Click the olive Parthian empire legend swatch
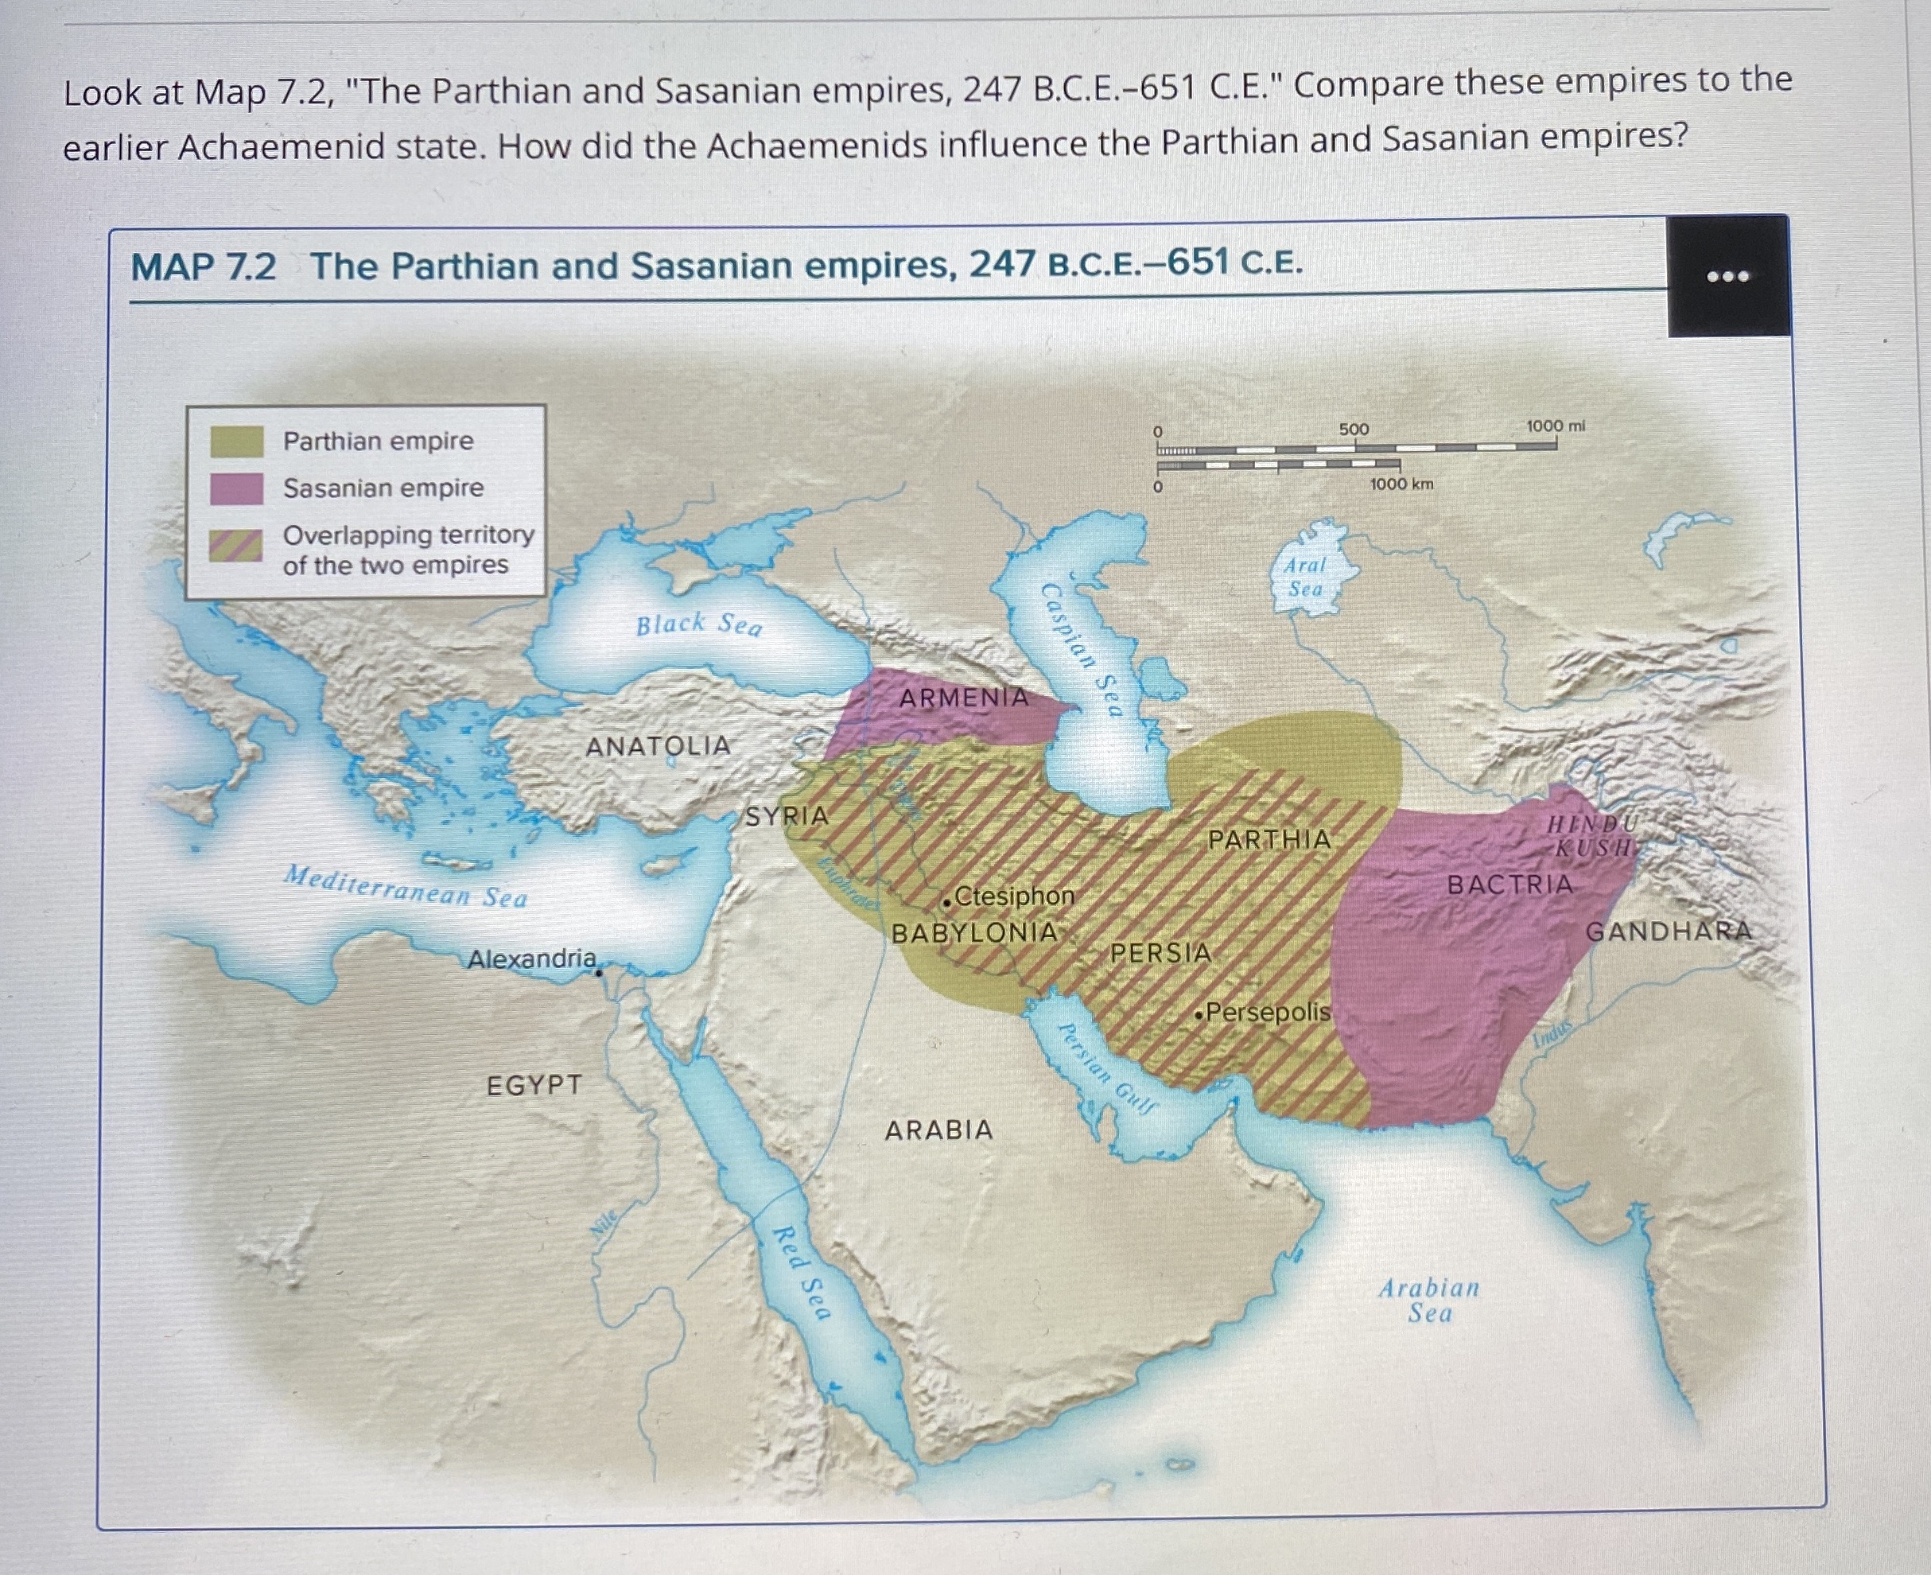pyautogui.click(x=237, y=441)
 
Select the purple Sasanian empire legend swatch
pyautogui.click(x=237, y=488)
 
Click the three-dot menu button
pyautogui.click(x=1728, y=276)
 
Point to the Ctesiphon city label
pyautogui.click(x=1013, y=896)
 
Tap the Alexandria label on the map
pyautogui.click(x=531, y=958)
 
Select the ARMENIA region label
pyautogui.click(x=963, y=698)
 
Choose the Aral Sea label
pyautogui.click(x=1305, y=577)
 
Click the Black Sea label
pyautogui.click(x=698, y=624)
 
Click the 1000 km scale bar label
pyautogui.click(x=1401, y=484)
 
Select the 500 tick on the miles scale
pyautogui.click(x=1354, y=429)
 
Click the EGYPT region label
pyautogui.click(x=534, y=1085)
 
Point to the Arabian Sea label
pyautogui.click(x=1429, y=1300)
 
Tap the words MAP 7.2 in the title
pyautogui.click(x=203, y=267)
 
